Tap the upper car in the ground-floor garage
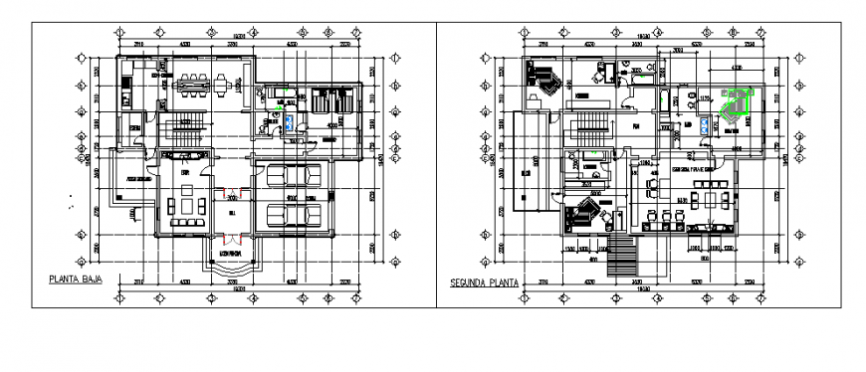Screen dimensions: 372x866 [296, 177]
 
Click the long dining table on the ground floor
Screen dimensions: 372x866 [198, 86]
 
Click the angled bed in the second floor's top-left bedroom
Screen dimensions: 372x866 [543, 81]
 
